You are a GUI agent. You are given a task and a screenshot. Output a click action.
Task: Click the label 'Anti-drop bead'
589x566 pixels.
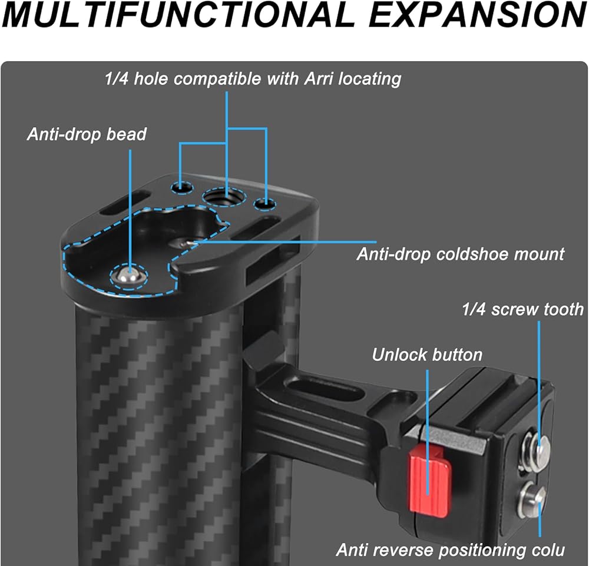pos(87,134)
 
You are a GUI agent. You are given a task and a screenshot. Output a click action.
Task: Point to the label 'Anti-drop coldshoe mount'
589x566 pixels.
pos(460,254)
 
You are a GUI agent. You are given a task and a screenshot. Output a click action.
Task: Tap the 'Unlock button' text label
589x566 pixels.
pos(427,355)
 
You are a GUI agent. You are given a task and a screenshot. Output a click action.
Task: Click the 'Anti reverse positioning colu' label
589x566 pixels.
pos(451,550)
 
